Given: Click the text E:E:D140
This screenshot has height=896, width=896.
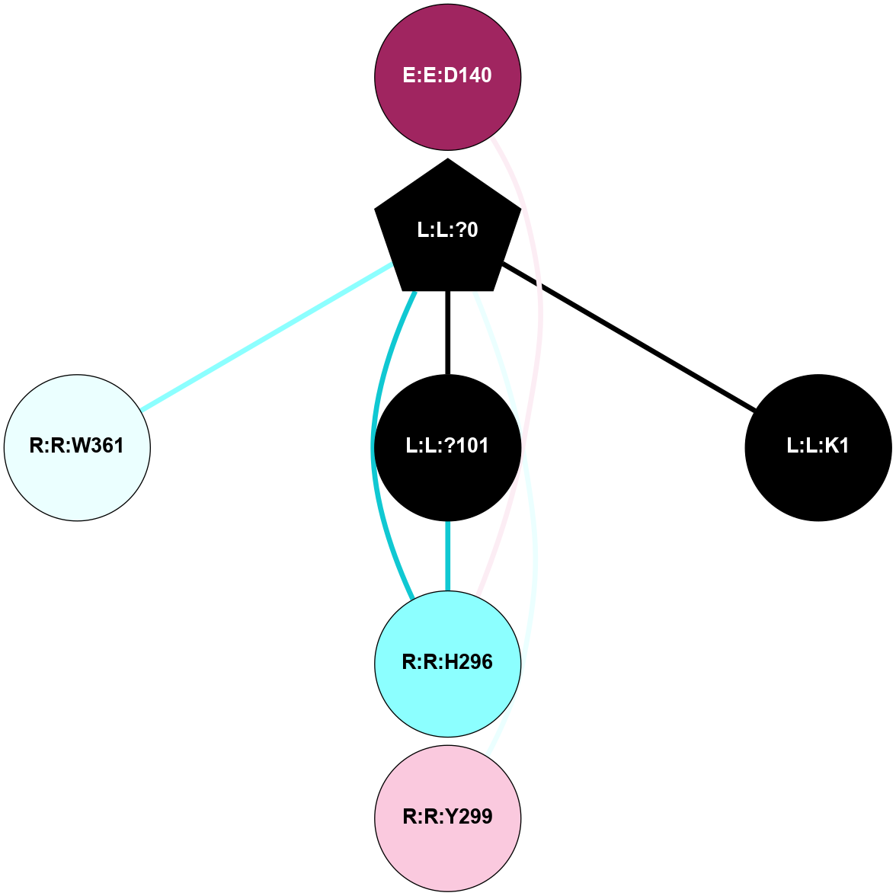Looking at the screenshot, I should coord(448,75).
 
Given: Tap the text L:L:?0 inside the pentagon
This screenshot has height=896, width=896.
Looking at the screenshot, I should coord(448,229).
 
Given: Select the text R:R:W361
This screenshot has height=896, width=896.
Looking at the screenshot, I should coord(77,446).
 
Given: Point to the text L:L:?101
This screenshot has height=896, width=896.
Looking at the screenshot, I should coord(448,446).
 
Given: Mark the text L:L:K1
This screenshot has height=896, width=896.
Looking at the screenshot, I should coord(818,446).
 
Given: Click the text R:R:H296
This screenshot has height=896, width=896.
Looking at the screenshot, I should coord(448,662).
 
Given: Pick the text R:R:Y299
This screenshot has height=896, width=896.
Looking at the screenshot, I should coord(448,817).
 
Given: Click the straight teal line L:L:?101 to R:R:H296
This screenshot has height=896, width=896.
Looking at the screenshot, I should coord(448,556).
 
